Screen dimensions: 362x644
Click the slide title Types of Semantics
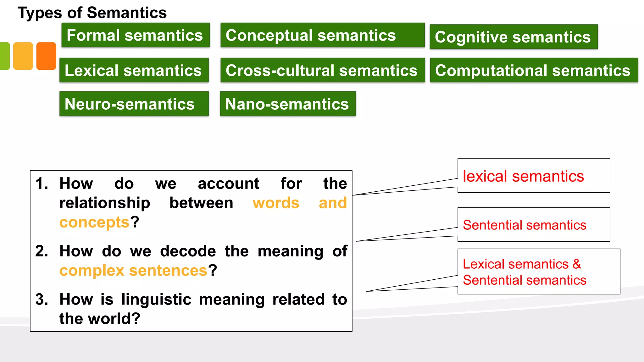pos(92,13)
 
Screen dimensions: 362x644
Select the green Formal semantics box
pos(135,35)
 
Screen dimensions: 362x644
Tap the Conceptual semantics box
pos(322,35)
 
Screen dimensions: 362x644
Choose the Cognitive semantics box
pos(513,37)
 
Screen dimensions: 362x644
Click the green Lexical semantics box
pos(134,70)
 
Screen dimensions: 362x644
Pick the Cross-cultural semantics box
pos(322,70)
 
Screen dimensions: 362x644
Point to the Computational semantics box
pos(533,70)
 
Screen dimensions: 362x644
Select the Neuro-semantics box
pos(134,104)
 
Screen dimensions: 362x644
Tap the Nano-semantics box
pos(287,104)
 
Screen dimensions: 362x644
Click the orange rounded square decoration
pos(46,56)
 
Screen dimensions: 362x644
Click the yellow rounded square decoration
pos(23,56)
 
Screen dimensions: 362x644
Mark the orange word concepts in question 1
pos(94,222)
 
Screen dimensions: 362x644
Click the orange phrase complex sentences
pos(133,271)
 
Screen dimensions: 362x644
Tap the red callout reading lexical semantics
pos(523,176)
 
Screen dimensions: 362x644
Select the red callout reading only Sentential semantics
pos(525,225)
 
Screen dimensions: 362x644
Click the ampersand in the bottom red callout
pos(577,264)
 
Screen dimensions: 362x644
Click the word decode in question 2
pos(188,251)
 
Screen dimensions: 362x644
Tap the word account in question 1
pos(228,184)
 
